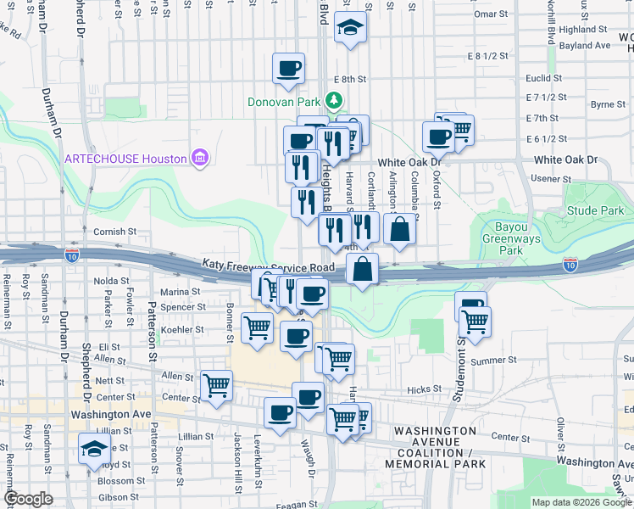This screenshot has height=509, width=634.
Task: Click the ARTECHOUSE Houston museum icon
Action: (199, 158)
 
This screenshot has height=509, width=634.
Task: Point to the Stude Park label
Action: (583, 210)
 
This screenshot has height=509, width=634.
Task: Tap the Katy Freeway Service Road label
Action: (269, 266)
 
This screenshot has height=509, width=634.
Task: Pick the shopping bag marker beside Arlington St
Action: (400, 228)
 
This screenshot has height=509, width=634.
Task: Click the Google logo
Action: (28, 499)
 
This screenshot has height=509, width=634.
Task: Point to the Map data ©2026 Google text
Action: (581, 502)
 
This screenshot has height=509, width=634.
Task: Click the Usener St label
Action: (549, 178)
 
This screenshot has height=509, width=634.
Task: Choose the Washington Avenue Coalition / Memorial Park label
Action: (436, 447)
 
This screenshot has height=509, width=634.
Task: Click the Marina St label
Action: (183, 291)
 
